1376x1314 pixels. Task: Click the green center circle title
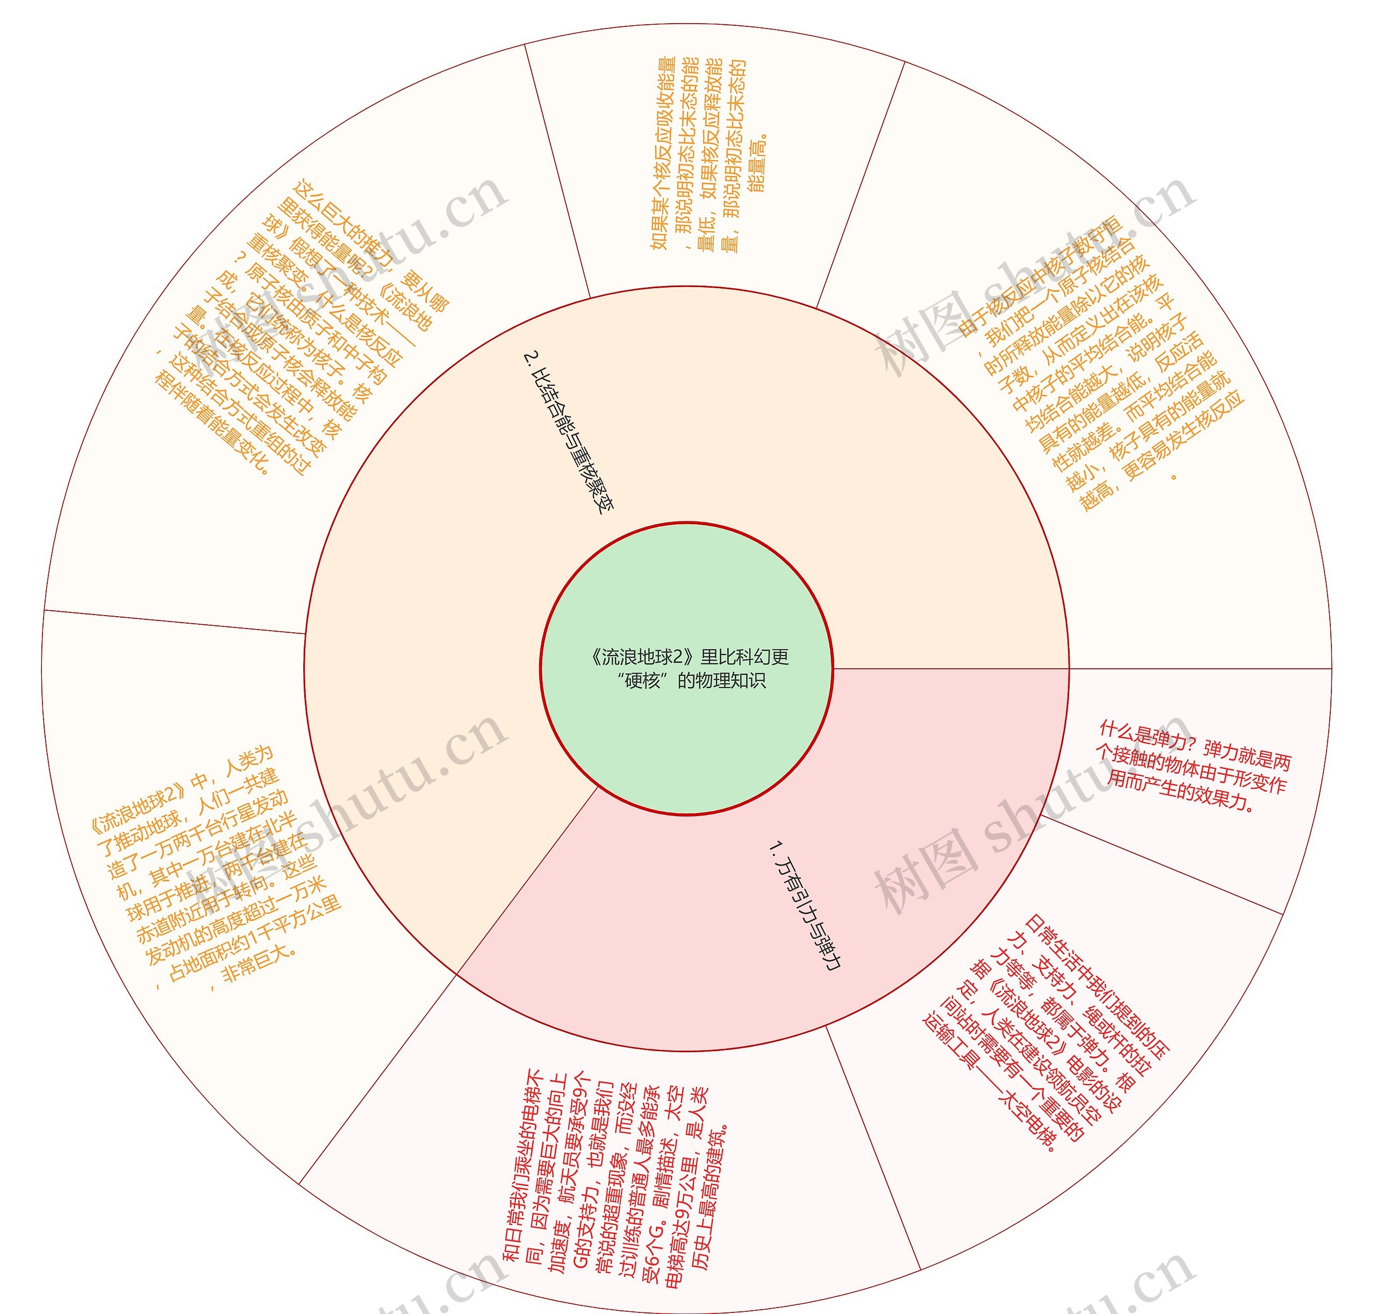pyautogui.click(x=687, y=668)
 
